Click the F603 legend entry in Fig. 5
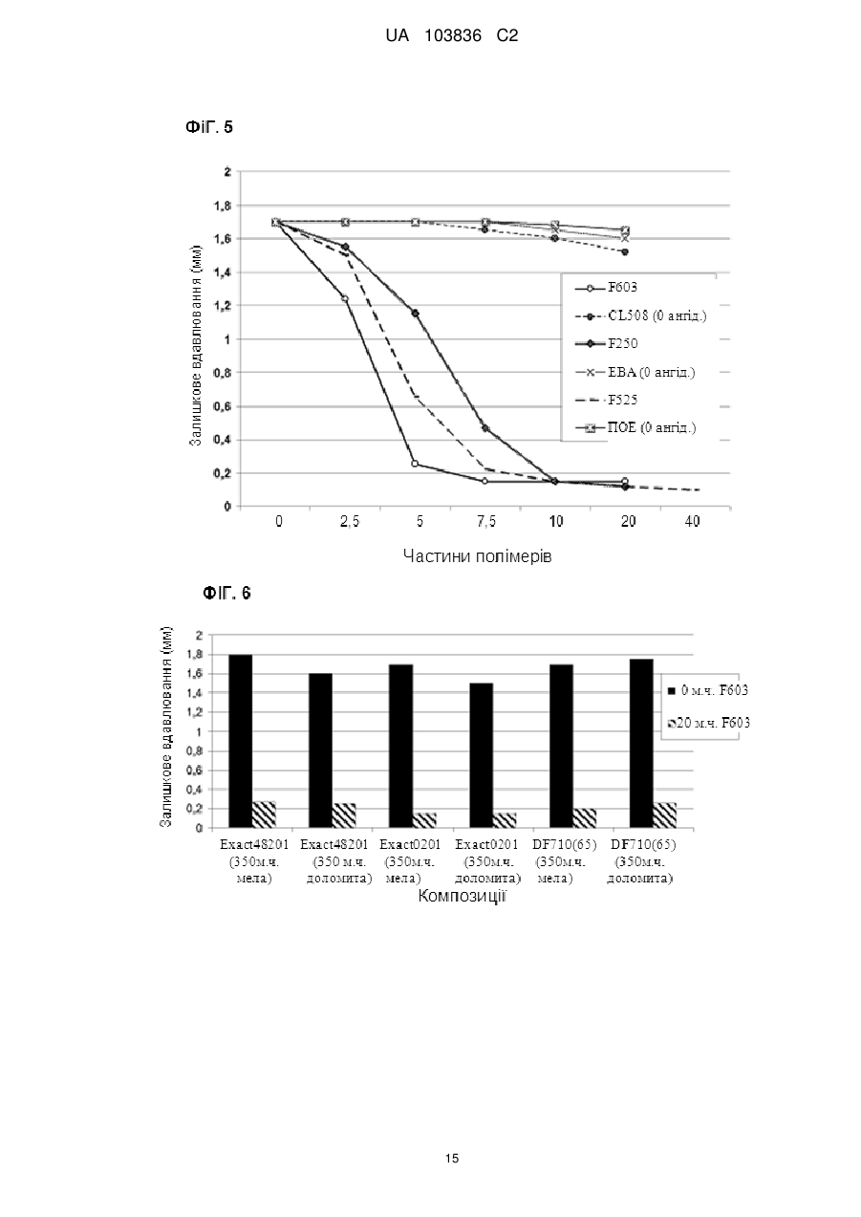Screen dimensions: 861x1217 click(x=606, y=288)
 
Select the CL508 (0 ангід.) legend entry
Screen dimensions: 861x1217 click(x=641, y=315)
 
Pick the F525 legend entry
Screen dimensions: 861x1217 click(x=606, y=400)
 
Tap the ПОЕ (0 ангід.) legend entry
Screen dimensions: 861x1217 click(x=635, y=427)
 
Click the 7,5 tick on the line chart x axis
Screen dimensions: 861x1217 click(x=486, y=522)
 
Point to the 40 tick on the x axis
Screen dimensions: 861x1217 click(x=693, y=522)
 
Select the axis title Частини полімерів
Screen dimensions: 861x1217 click(x=478, y=556)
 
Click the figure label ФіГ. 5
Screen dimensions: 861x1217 click(x=209, y=127)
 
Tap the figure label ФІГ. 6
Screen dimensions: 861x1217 click(x=226, y=593)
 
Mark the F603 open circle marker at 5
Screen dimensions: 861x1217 click(x=415, y=464)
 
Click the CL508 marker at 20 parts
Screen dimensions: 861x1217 click(x=625, y=251)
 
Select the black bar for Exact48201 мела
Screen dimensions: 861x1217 click(x=240, y=741)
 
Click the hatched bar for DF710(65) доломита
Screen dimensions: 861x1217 click(x=665, y=815)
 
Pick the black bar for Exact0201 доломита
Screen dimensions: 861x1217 click(x=482, y=756)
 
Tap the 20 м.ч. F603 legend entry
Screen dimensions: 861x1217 click(x=709, y=723)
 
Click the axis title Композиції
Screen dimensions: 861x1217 click(x=463, y=896)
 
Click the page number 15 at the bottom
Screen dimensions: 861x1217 click(x=452, y=1159)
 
